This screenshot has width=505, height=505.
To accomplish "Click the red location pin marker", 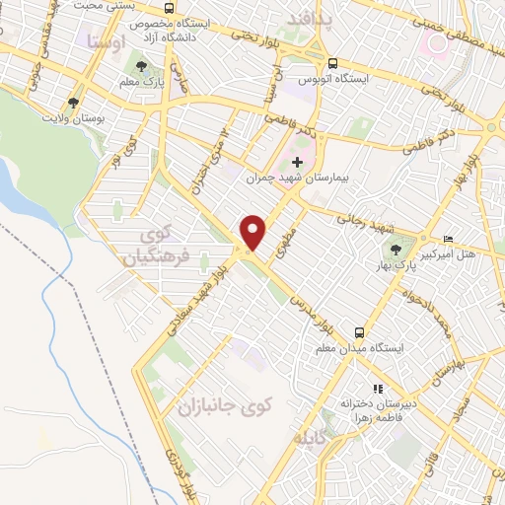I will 253,232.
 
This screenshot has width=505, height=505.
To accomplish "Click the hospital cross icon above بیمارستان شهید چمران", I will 298,161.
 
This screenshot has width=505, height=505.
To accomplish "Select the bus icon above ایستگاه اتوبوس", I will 332,59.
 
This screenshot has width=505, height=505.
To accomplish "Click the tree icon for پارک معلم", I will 143,66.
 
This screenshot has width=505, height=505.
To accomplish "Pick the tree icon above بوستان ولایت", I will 73,102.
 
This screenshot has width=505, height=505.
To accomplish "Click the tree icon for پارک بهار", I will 397,250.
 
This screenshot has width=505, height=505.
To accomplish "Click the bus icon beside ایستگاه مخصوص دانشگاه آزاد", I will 170,9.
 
